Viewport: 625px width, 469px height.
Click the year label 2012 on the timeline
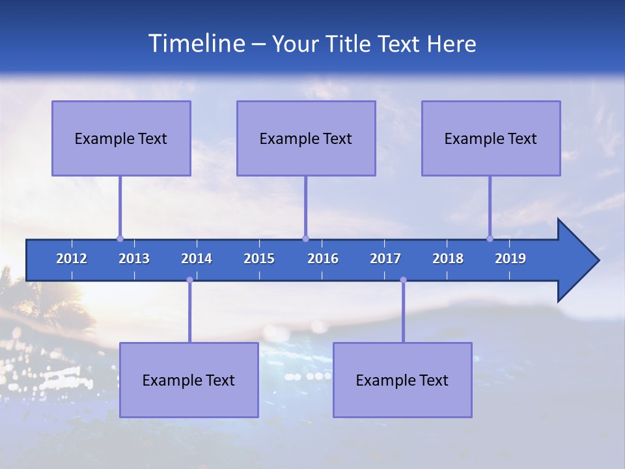(72, 259)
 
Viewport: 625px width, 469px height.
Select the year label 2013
(134, 259)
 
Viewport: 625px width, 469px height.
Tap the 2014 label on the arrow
(197, 259)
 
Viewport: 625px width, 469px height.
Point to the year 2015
(259, 259)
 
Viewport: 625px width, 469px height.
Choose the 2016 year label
(323, 259)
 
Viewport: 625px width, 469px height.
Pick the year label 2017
(385, 259)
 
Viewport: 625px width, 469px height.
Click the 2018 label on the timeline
(448, 259)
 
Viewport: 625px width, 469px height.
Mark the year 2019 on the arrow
(510, 259)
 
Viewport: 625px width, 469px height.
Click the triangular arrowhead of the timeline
(576, 261)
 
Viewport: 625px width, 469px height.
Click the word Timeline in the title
(195, 44)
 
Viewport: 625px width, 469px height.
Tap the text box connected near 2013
(121, 138)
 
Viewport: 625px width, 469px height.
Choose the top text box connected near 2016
(306, 138)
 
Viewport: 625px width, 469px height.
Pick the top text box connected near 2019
(491, 138)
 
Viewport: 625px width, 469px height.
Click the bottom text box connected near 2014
(189, 380)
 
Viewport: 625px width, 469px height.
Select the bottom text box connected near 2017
(402, 380)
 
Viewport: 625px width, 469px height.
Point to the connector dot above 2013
(120, 238)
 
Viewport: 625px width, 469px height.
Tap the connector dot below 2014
(189, 280)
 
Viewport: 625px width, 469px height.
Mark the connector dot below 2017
(403, 280)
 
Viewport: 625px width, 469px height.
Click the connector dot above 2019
(490, 238)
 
